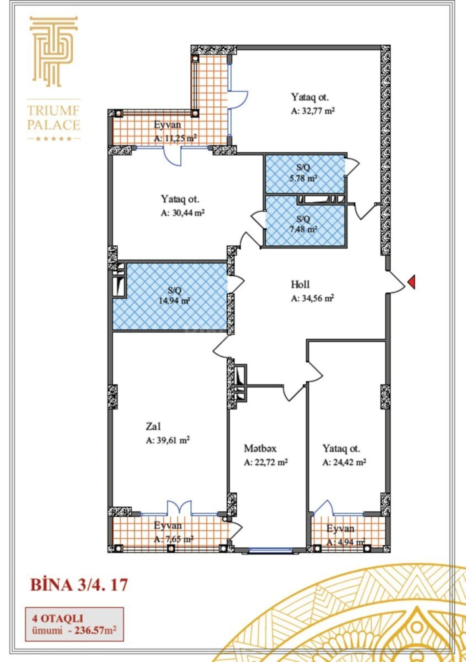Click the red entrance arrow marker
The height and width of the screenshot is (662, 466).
coord(411,282)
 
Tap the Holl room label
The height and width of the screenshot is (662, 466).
coord(300,284)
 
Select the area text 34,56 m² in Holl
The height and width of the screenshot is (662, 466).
coord(312,298)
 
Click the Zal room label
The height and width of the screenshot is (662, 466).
coord(153,426)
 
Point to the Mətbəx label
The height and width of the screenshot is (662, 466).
coord(260,448)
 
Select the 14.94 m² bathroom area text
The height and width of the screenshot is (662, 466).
coord(174,301)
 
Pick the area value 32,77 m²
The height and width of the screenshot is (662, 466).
coord(313,111)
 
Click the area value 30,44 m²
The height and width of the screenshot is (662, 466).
coord(182,213)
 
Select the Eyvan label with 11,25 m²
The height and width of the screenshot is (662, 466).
coord(167,125)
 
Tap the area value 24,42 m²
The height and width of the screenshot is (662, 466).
coord(344,462)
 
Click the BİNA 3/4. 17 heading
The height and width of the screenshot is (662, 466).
coord(79,585)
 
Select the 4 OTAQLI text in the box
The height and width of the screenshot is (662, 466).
coord(57,618)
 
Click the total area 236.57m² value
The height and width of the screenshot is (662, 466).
coord(95,631)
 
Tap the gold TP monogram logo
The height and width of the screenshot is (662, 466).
coord(53,51)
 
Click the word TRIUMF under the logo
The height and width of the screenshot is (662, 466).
coord(53,111)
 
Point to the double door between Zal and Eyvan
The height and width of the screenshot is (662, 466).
coord(179,508)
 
